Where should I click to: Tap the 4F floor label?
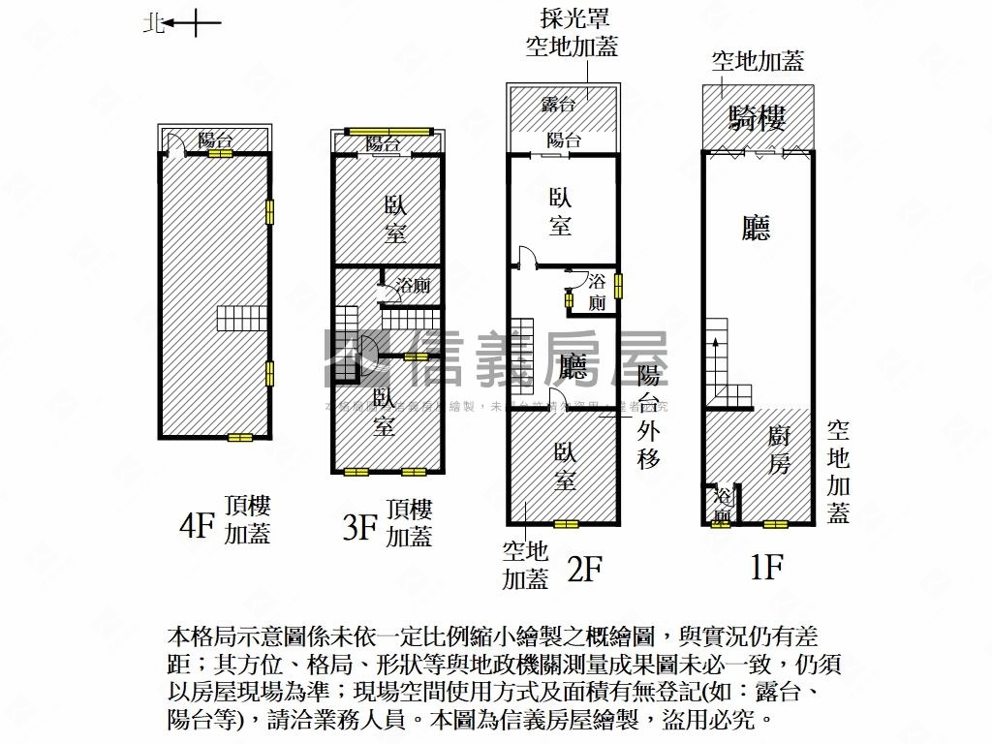(x=196, y=526)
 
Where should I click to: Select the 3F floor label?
(x=359, y=527)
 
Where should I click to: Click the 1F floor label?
(x=765, y=567)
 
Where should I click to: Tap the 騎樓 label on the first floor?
(x=757, y=118)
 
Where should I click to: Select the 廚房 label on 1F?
(x=780, y=450)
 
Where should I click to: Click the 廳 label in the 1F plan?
(x=756, y=229)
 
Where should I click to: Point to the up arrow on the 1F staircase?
(x=715, y=342)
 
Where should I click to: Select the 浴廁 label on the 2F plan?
(x=597, y=292)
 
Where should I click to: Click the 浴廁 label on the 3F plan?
(x=414, y=286)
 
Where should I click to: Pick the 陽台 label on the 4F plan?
(x=215, y=139)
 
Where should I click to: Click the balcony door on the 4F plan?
(x=174, y=147)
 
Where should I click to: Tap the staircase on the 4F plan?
(x=241, y=318)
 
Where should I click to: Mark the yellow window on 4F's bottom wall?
(x=239, y=438)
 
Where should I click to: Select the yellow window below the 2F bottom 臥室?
(x=566, y=524)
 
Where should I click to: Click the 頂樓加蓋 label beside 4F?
(x=247, y=520)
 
